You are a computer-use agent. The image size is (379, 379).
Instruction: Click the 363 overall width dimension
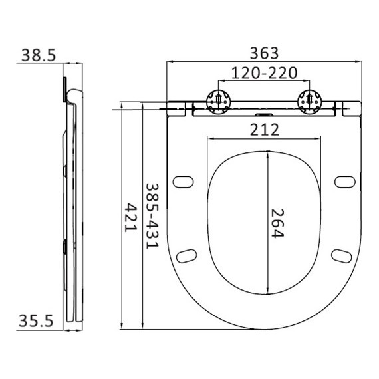click(264, 53)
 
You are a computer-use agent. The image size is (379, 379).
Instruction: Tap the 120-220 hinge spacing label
click(264, 73)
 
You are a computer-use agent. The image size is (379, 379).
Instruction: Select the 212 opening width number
click(264, 130)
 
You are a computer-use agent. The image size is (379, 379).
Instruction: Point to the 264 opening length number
click(277, 223)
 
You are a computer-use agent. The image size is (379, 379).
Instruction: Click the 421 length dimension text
click(130, 217)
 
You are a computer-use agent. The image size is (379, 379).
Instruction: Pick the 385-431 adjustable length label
click(152, 216)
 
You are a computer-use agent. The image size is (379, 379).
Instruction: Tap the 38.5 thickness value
click(39, 55)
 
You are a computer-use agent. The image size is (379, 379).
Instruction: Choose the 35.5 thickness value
click(36, 321)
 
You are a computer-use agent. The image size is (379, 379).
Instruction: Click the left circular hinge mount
click(219, 102)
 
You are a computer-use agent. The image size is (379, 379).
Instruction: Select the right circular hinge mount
click(310, 102)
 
